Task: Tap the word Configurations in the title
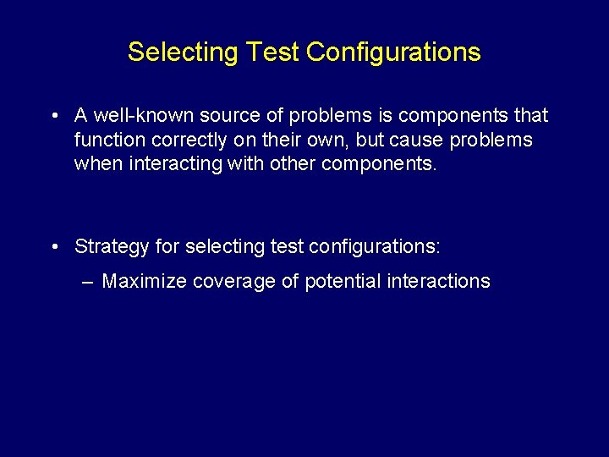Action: [x=393, y=52]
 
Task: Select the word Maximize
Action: [x=144, y=282]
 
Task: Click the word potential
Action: [x=342, y=282]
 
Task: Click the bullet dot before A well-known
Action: [x=53, y=116]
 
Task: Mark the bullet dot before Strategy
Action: [x=53, y=247]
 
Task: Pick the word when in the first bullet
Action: [x=98, y=164]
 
